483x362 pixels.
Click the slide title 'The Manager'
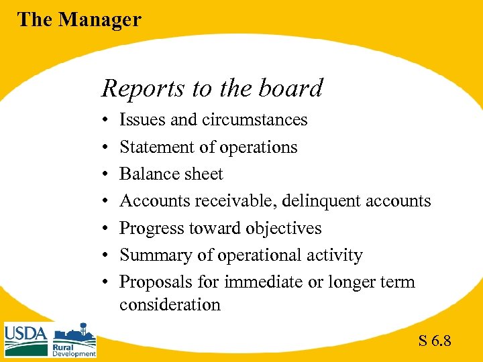pyautogui.click(x=79, y=19)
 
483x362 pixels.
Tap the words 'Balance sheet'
pyautogui.click(x=171, y=174)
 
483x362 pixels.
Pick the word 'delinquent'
pyautogui.click(x=328, y=201)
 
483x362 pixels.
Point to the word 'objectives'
pyautogui.click(x=282, y=228)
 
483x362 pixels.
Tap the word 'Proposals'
pyautogui.click(x=155, y=282)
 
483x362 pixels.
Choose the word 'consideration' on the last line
pyautogui.click(x=170, y=305)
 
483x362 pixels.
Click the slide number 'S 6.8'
pyautogui.click(x=435, y=341)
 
